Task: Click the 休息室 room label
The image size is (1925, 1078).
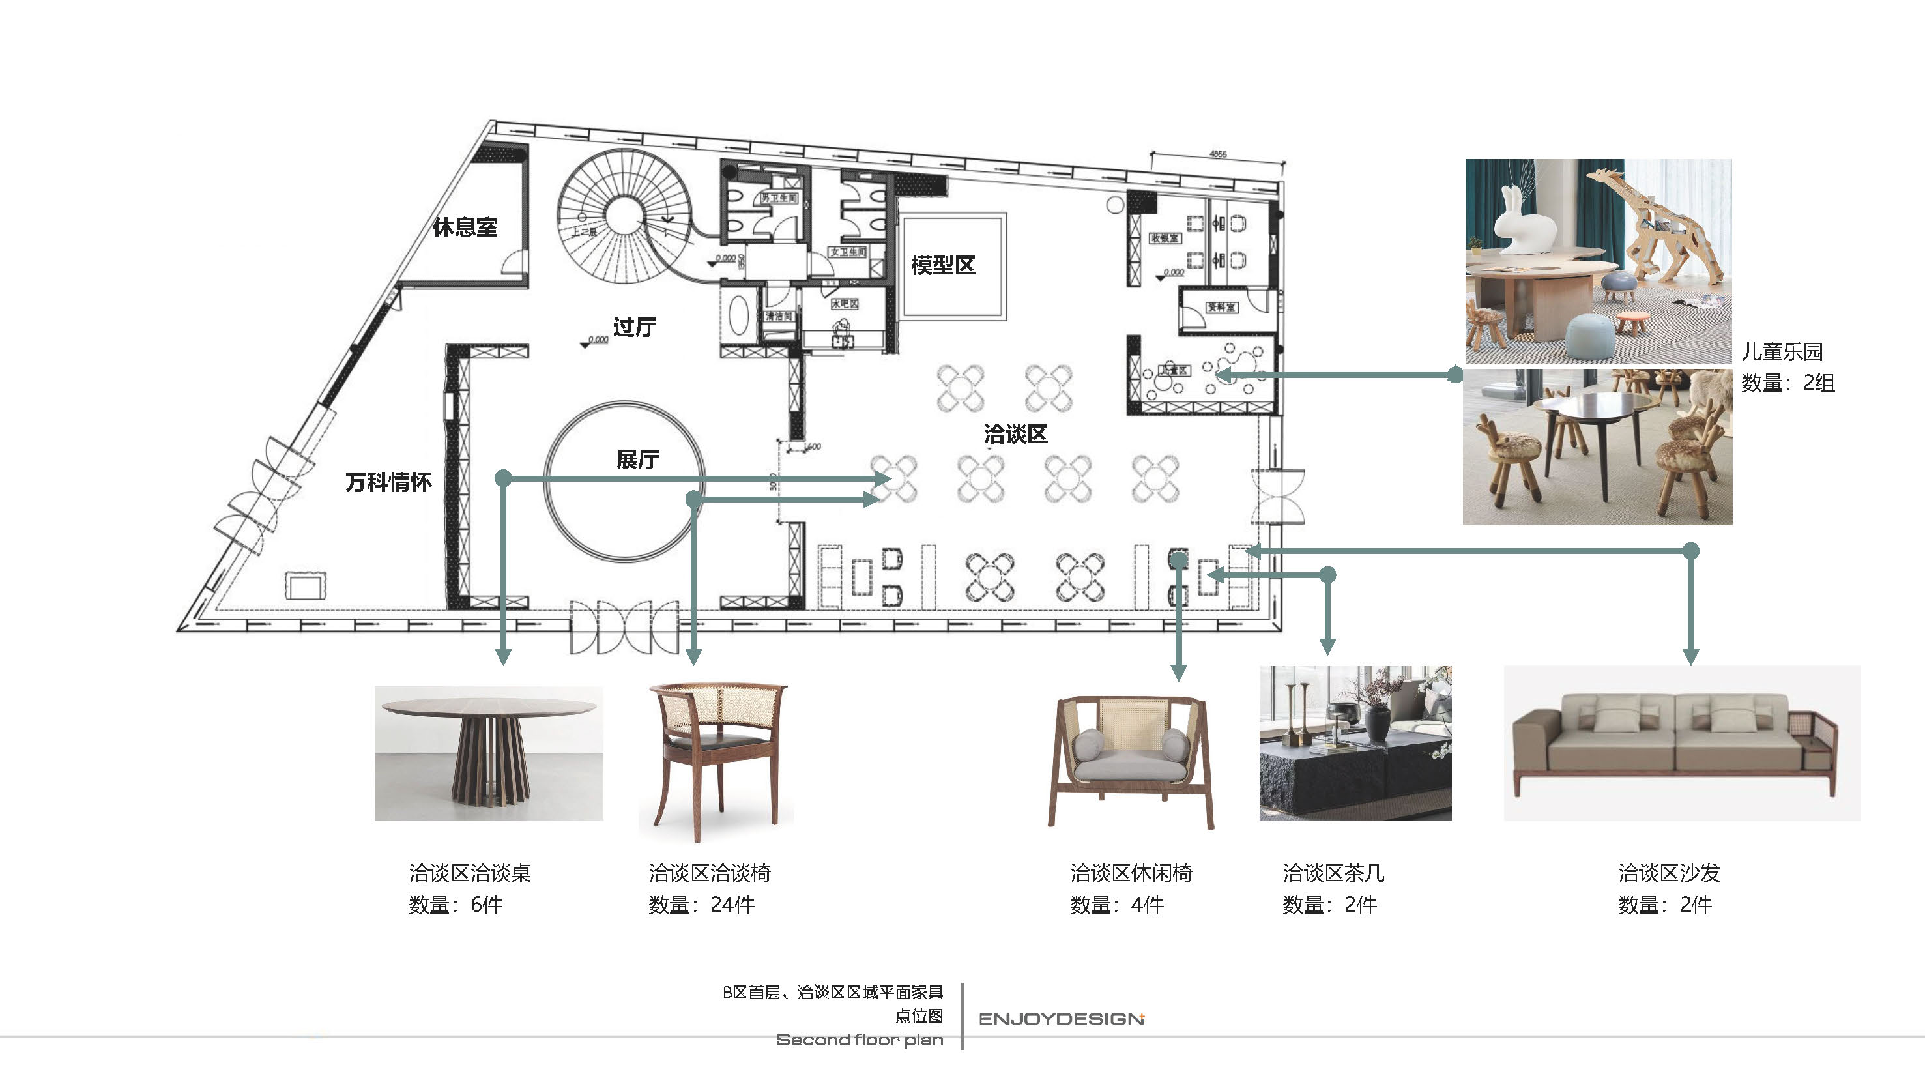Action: [465, 227]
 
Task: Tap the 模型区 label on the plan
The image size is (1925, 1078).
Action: [942, 265]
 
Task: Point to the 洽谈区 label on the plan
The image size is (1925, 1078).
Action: [1015, 433]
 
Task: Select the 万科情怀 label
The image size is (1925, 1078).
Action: [388, 482]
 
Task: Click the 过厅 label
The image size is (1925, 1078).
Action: [635, 327]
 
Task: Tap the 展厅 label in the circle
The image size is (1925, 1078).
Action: [637, 459]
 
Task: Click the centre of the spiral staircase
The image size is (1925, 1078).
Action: [621, 215]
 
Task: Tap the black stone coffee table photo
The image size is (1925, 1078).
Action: [1355, 743]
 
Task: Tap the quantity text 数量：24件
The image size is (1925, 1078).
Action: [701, 905]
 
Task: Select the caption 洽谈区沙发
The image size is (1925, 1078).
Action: [1669, 873]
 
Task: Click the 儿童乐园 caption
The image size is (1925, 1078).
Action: [1782, 351]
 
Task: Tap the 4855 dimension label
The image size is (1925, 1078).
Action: [1217, 154]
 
